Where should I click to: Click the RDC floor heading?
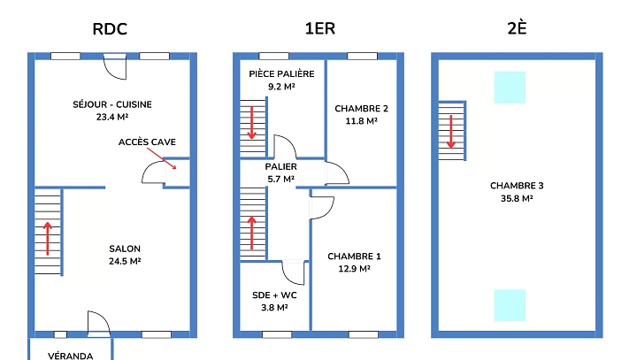111,28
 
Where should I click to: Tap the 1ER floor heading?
319,28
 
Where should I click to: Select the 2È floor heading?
518,28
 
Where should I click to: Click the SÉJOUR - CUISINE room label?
112,104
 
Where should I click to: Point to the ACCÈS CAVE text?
147,142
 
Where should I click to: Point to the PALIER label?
281,166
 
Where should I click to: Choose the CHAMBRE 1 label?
349,257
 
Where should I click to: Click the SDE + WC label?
275,295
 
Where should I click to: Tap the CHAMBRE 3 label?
517,186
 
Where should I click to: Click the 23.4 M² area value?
112,117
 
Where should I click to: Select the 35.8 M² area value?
517,198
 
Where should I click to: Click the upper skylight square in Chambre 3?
510,88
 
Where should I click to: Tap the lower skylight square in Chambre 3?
510,304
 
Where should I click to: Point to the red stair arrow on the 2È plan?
451,131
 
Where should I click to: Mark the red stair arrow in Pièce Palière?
253,122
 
